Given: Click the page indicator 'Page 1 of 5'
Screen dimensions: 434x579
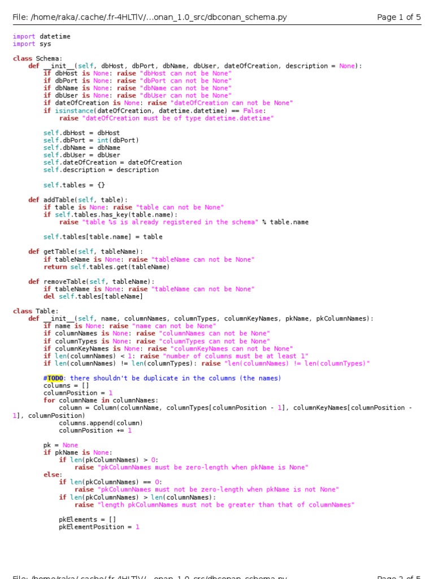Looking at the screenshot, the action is click(x=399, y=18).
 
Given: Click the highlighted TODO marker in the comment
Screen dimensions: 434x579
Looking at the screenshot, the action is click(x=55, y=378).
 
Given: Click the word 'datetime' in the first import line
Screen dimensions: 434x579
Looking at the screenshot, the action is click(x=55, y=36).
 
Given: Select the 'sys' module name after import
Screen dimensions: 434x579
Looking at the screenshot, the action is click(x=45, y=44).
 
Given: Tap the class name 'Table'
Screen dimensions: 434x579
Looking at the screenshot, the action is click(x=45, y=311).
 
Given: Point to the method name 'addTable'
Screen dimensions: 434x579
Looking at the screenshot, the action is click(x=59, y=200).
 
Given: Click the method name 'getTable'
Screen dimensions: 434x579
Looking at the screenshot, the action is click(x=59, y=252).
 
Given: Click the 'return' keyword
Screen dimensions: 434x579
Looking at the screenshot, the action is click(x=55, y=267).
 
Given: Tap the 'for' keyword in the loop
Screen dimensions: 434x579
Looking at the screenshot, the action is click(x=49, y=400).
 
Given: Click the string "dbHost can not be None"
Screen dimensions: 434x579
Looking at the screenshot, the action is click(x=185, y=74).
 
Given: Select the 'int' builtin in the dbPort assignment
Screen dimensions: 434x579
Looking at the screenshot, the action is click(x=102, y=140).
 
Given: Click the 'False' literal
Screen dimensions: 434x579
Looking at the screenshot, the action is click(x=253, y=111).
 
